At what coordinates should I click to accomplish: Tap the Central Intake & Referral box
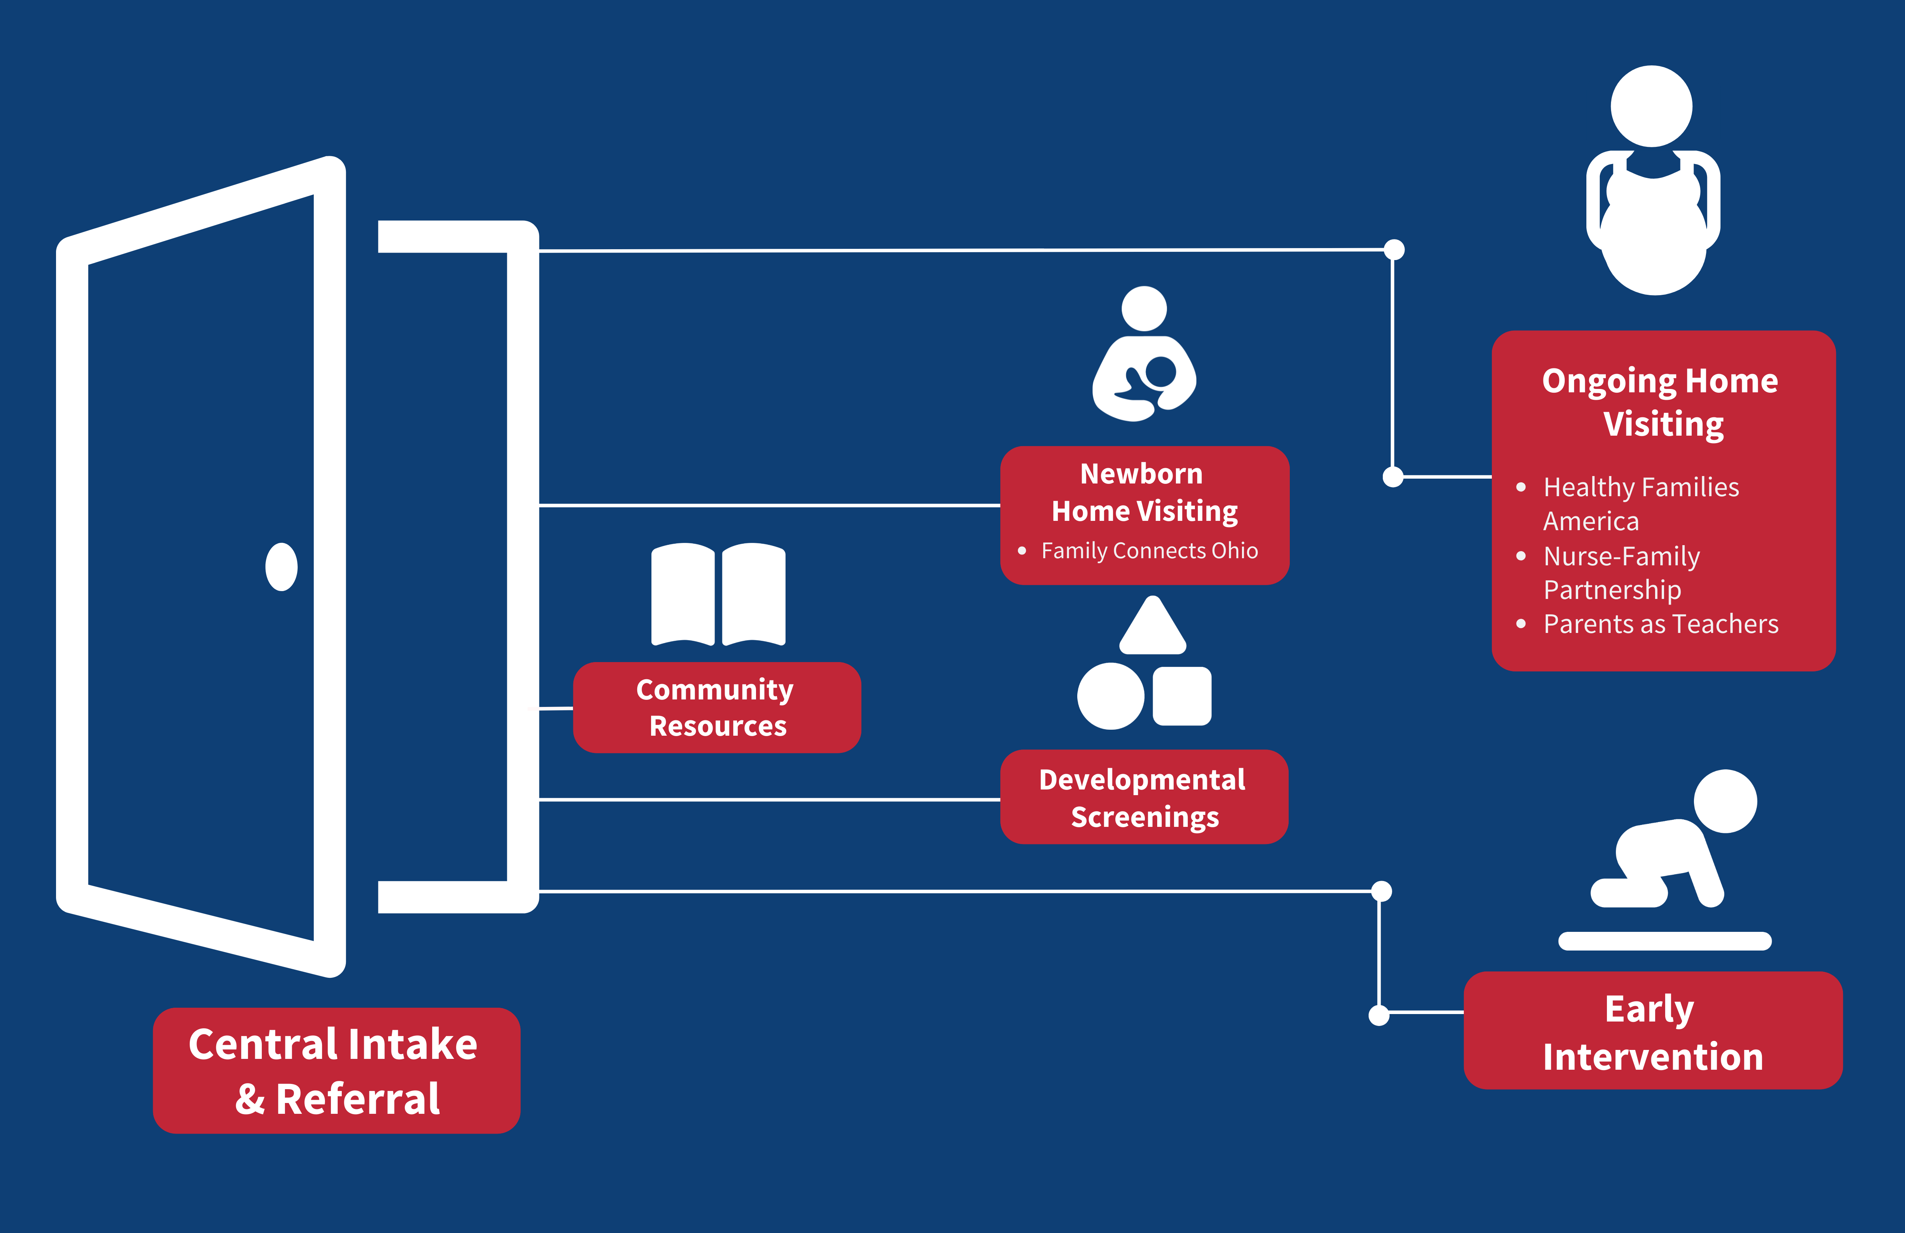coord(336,1070)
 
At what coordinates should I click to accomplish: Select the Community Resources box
coord(716,708)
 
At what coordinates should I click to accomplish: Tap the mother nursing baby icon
coord(1144,356)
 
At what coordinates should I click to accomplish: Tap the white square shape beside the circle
coord(1182,696)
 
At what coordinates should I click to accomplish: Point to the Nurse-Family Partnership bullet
coord(1621,572)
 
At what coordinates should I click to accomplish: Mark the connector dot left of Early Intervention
coord(1379,1015)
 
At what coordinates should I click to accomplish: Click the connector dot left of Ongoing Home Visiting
coord(1394,477)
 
